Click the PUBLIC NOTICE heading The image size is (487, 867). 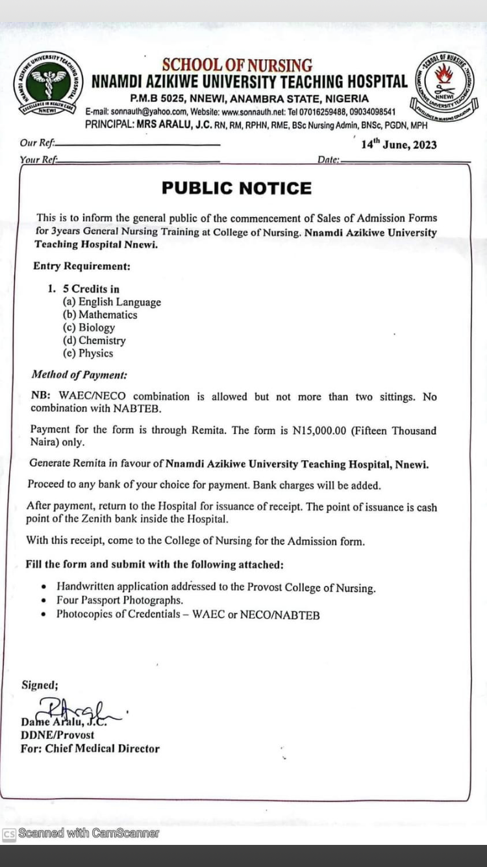click(236, 188)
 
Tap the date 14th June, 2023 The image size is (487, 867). click(399, 144)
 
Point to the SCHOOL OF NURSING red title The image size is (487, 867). click(237, 66)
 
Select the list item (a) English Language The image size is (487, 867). click(112, 302)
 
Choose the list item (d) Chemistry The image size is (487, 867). click(94, 341)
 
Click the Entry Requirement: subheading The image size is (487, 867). click(82, 266)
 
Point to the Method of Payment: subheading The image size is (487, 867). click(79, 375)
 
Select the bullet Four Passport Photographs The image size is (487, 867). click(119, 601)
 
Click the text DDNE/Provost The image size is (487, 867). click(57, 735)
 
